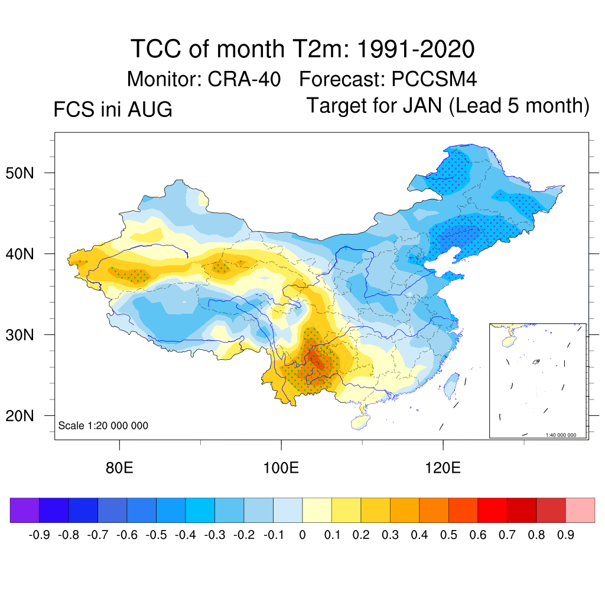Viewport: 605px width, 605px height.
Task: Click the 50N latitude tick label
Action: pyautogui.click(x=19, y=173)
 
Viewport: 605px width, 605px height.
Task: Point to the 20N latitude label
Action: pyautogui.click(x=19, y=416)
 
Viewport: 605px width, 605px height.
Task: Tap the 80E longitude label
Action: pyautogui.click(x=119, y=468)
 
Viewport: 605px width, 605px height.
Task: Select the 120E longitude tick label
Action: pyautogui.click(x=443, y=468)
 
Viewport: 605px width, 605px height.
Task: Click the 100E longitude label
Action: pyautogui.click(x=281, y=468)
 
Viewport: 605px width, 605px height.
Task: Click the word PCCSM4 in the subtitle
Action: pyautogui.click(x=434, y=79)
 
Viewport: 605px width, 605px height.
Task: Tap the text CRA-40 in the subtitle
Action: pyautogui.click(x=244, y=79)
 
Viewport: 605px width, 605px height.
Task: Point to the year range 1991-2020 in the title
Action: pyautogui.click(x=415, y=49)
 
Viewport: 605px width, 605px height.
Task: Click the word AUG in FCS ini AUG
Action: pyautogui.click(x=149, y=109)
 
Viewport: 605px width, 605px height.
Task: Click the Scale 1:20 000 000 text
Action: pyautogui.click(x=103, y=425)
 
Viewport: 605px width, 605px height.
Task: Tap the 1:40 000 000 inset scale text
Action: pyautogui.click(x=561, y=435)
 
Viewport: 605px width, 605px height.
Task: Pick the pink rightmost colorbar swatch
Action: pyautogui.click(x=580, y=510)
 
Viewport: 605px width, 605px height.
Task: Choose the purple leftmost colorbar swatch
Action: pyautogui.click(x=25, y=510)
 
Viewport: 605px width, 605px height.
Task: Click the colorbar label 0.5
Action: pyautogui.click(x=448, y=535)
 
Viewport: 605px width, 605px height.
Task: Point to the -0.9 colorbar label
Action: pyautogui.click(x=40, y=535)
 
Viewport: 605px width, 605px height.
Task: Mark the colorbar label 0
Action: pyautogui.click(x=302, y=535)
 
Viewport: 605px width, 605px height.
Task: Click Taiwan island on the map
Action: pyautogui.click(x=451, y=385)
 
